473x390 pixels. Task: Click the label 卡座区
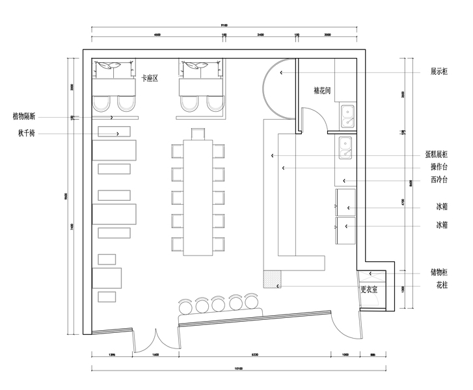click(151, 78)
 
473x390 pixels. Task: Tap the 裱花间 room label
click(323, 91)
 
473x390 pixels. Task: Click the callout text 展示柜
click(439, 72)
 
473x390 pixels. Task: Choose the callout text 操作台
click(439, 167)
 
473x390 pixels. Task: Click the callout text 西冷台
click(439, 180)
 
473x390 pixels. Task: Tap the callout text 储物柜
click(439, 273)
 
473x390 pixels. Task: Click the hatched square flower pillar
click(269, 279)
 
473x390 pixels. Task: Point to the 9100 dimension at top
click(225, 25)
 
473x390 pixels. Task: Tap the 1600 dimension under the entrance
click(155, 355)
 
